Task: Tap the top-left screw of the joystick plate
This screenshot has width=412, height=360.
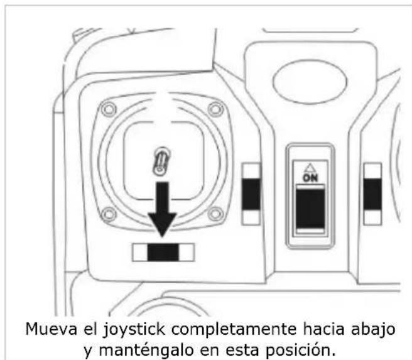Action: tap(109, 109)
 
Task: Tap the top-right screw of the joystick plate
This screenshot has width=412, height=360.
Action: tap(217, 109)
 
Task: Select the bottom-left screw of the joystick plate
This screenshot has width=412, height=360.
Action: tap(109, 215)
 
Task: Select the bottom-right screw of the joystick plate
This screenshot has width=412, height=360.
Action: tap(217, 215)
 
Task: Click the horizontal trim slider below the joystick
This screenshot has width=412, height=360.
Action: tap(163, 252)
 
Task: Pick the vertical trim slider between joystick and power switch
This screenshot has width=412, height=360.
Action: tap(251, 194)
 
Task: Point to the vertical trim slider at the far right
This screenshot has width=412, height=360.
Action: tap(372, 194)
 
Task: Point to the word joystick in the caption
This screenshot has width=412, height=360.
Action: tap(126, 328)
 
